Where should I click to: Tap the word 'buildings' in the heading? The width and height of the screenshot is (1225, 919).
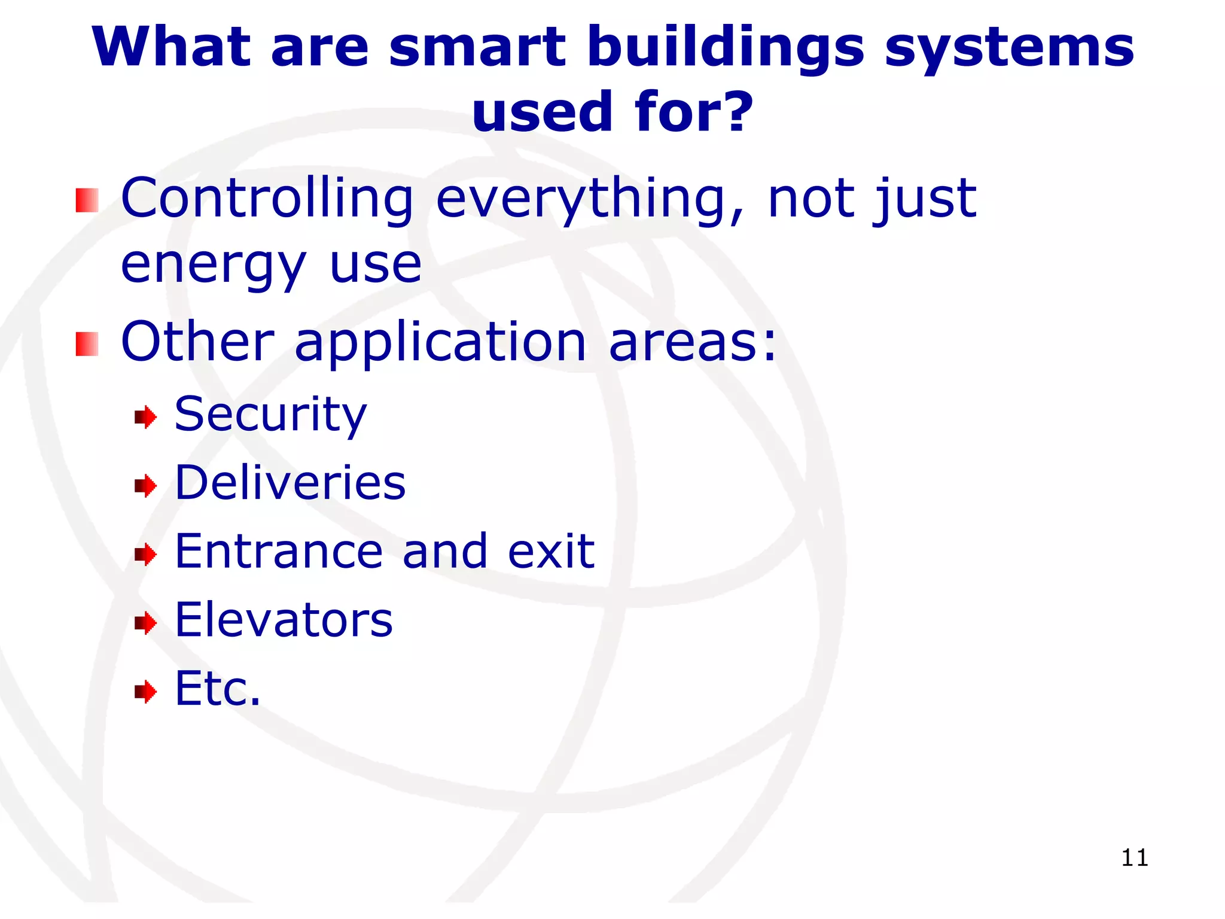726,48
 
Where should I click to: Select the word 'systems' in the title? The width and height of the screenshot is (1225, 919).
1009,48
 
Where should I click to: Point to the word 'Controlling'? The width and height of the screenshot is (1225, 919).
267,199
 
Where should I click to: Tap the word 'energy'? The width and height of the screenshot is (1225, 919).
214,265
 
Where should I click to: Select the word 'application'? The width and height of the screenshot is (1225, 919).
440,342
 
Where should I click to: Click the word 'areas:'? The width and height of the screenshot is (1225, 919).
693,342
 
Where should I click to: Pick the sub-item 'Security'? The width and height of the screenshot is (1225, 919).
270,415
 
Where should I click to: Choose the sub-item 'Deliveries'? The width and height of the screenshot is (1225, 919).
290,483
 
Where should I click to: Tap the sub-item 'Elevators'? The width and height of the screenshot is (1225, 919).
284,620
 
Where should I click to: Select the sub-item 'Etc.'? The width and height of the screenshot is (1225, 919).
218,689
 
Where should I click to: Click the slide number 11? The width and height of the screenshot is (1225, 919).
1134,858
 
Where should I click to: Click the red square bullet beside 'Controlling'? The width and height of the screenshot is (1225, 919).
87,200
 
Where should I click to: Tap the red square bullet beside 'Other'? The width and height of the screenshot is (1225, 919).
87,344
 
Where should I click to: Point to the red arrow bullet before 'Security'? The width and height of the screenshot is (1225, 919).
145,417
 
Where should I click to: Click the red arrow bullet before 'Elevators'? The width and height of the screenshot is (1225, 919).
145,623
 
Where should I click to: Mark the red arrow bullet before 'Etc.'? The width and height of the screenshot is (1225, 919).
145,692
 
